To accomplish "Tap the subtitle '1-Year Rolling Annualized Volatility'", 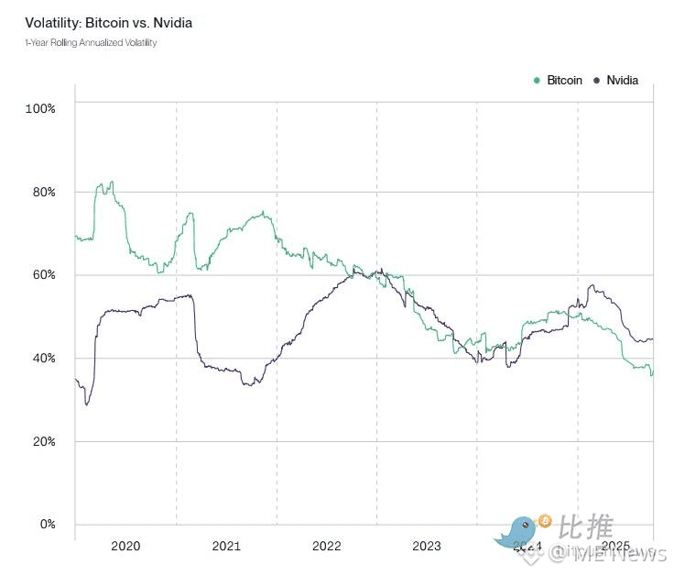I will click(91, 43).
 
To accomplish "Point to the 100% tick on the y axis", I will click(41, 108).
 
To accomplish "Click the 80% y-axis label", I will click(43, 192).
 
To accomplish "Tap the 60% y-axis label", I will click(43, 275).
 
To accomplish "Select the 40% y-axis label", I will click(43, 358).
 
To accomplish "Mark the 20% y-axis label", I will click(43, 441).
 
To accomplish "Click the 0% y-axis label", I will click(46, 525).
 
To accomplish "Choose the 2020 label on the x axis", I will click(125, 546).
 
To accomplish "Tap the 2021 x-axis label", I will click(226, 546).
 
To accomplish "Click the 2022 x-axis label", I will click(326, 546).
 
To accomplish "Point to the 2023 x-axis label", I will click(427, 546).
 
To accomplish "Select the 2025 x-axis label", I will click(615, 546).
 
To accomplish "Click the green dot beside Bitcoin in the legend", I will click(537, 81).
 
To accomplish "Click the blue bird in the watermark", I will click(519, 532).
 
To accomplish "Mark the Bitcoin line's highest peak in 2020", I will click(111, 183).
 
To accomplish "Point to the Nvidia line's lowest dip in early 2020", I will click(87, 404).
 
